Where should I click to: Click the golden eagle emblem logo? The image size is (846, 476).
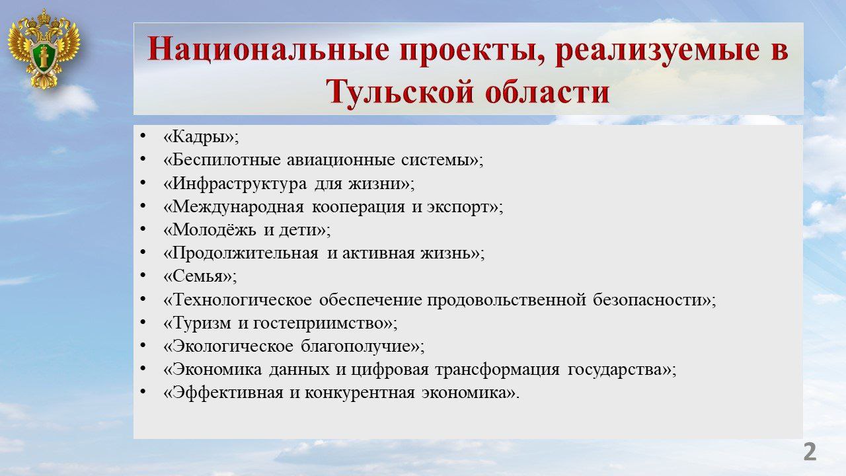pyautogui.click(x=44, y=49)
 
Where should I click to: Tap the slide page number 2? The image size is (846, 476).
pyautogui.click(x=810, y=452)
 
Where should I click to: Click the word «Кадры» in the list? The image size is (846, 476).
pyautogui.click(x=201, y=138)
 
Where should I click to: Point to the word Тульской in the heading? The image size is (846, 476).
pyautogui.click(x=400, y=92)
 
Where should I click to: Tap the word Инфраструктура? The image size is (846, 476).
pyautogui.click(x=239, y=184)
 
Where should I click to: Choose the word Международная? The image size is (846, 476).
pyautogui.click(x=238, y=208)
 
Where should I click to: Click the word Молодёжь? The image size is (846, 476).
pyautogui.click(x=214, y=229)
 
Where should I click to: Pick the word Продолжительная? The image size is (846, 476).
pyautogui.click(x=245, y=253)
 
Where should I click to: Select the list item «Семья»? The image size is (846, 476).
pyautogui.click(x=200, y=277)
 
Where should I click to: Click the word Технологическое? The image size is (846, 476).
pyautogui.click(x=242, y=300)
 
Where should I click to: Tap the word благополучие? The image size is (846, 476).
pyautogui.click(x=356, y=347)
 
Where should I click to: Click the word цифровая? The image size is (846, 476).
pyautogui.click(x=390, y=370)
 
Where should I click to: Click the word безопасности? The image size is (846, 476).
pyautogui.click(x=648, y=300)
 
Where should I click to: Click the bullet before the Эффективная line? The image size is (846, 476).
pyautogui.click(x=143, y=391)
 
